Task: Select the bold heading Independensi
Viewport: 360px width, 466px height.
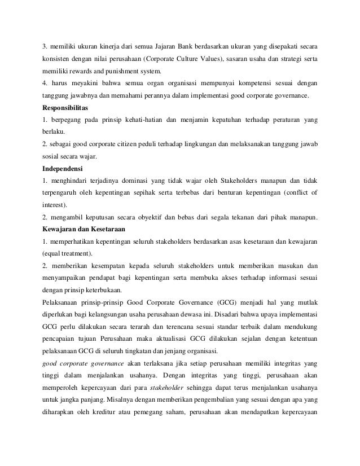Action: (64, 168)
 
